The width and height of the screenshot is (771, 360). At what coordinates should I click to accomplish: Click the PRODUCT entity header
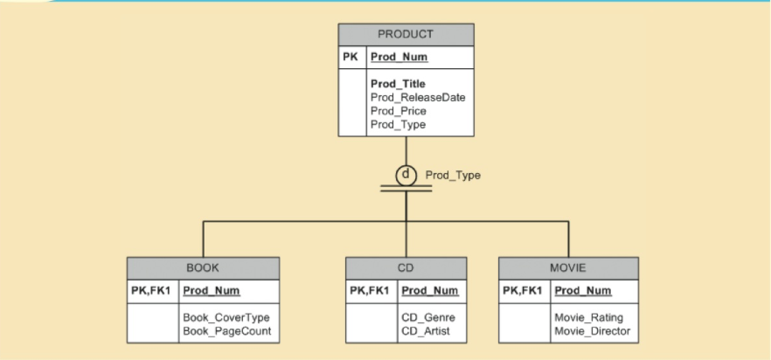(406, 35)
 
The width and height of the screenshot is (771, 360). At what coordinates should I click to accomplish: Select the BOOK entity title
(203, 267)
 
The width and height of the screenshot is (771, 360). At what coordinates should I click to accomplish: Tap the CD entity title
(405, 267)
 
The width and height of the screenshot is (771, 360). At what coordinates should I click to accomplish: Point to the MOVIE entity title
(567, 267)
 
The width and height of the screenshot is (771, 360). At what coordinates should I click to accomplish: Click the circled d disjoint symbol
(406, 174)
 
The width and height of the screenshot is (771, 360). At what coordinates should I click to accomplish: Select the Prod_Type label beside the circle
(453, 176)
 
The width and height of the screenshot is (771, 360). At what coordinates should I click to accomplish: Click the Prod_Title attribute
(398, 84)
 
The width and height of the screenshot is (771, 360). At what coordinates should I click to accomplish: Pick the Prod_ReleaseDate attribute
(417, 97)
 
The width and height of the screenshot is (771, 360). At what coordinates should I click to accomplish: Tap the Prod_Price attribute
(399, 111)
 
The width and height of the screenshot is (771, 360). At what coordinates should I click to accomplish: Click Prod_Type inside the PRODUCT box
(398, 124)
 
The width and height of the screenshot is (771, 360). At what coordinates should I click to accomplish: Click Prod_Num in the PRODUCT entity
(399, 58)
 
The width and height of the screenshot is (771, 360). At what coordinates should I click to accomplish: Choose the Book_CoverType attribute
(226, 317)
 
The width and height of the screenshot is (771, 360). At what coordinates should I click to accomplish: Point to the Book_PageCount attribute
(226, 331)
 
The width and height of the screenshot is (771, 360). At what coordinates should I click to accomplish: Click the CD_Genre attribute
(428, 317)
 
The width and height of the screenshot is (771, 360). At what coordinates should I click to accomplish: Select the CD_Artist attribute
(427, 331)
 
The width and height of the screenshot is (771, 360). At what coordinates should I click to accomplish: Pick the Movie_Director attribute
(592, 331)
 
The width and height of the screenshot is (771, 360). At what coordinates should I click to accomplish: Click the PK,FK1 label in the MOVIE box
(524, 290)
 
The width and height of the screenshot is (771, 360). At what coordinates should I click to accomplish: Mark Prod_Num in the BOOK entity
(211, 290)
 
